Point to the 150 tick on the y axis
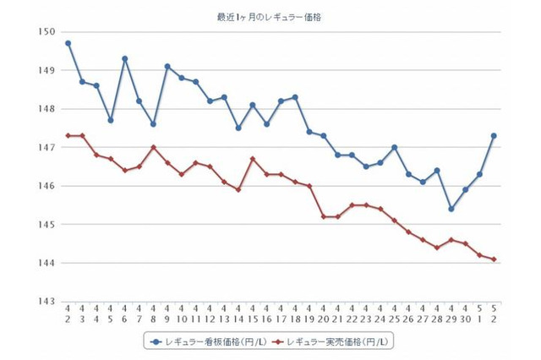click(x=47, y=32)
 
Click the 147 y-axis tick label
click(x=47, y=148)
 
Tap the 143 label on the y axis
click(x=47, y=302)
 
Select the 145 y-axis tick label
click(x=47, y=225)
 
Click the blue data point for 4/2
click(x=68, y=43)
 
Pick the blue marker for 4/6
click(x=125, y=58)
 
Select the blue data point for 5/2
click(x=493, y=135)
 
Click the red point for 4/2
click(x=68, y=135)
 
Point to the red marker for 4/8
click(x=153, y=147)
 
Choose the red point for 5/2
click(x=493, y=259)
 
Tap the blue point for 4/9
click(x=167, y=66)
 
